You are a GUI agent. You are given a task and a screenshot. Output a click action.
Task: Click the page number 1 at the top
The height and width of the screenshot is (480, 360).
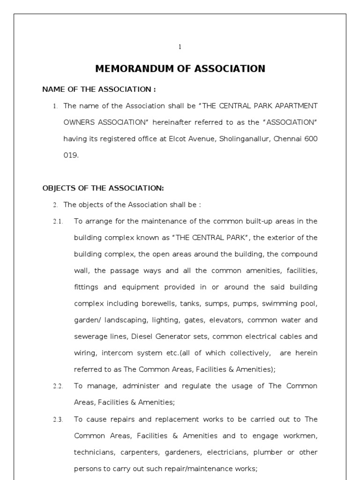coord(180,46)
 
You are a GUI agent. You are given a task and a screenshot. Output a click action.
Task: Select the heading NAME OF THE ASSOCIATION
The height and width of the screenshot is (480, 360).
coord(99,89)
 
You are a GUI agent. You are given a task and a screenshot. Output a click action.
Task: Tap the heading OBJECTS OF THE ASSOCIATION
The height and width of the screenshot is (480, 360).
coord(103,188)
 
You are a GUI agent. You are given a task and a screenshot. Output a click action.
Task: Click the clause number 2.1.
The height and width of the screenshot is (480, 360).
coord(58,222)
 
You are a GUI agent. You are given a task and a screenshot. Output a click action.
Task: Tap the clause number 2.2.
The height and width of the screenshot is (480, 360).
coord(58,386)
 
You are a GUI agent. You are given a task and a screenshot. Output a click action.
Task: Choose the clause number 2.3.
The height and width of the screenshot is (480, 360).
coord(58,420)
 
